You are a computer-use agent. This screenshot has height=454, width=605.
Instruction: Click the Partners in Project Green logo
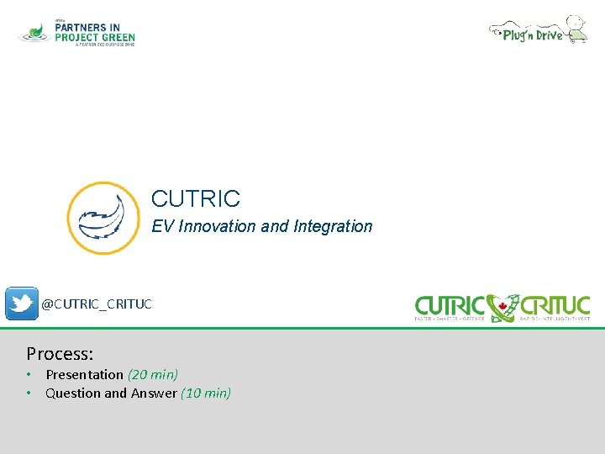tap(77, 33)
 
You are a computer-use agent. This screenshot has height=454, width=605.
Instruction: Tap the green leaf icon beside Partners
tap(34, 32)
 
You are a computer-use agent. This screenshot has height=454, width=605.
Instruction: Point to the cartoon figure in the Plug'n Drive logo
tap(576, 28)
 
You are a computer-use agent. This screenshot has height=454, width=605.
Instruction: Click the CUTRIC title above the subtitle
tap(196, 199)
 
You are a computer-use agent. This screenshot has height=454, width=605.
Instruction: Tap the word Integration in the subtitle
tap(333, 226)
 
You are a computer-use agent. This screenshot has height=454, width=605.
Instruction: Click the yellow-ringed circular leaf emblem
tap(103, 219)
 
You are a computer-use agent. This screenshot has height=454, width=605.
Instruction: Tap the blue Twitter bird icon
tap(21, 304)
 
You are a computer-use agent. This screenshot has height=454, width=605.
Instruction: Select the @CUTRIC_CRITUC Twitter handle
tap(97, 304)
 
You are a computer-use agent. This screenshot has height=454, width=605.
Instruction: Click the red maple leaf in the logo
tap(504, 305)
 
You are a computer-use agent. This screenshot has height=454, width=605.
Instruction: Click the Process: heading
tap(60, 353)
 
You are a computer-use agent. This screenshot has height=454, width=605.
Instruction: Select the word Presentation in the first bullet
tap(84, 375)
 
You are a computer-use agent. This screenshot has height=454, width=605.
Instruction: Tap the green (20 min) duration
tap(153, 375)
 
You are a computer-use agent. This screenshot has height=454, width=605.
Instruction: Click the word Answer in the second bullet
tap(153, 393)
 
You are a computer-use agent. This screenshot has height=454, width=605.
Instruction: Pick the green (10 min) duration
tap(206, 393)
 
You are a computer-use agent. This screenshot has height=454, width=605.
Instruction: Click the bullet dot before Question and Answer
tap(29, 393)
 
